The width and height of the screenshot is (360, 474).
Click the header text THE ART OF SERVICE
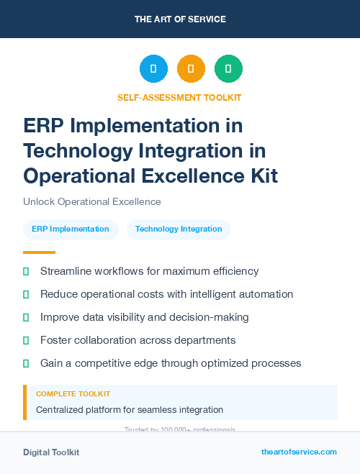pos(180,19)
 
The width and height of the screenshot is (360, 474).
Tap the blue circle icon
pos(153,69)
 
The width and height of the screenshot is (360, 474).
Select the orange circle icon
pos(191,69)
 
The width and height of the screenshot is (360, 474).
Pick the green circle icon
pos(228,69)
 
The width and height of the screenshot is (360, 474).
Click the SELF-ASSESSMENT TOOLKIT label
pos(179,97)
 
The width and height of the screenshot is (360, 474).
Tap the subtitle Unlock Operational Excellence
pos(91,201)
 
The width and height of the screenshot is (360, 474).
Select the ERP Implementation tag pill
pos(71,229)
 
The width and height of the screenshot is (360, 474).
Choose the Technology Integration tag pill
pos(179,229)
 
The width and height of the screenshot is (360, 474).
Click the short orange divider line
pos(39,252)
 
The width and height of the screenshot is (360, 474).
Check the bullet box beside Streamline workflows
pos(26,271)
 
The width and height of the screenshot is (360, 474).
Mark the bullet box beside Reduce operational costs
pos(26,294)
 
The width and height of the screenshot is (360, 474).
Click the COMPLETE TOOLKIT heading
pos(73,394)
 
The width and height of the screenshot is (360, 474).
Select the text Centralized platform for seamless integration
pos(130,410)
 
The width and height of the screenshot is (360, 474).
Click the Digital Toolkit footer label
pos(51,452)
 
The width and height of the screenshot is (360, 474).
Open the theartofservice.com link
pos(299,452)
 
